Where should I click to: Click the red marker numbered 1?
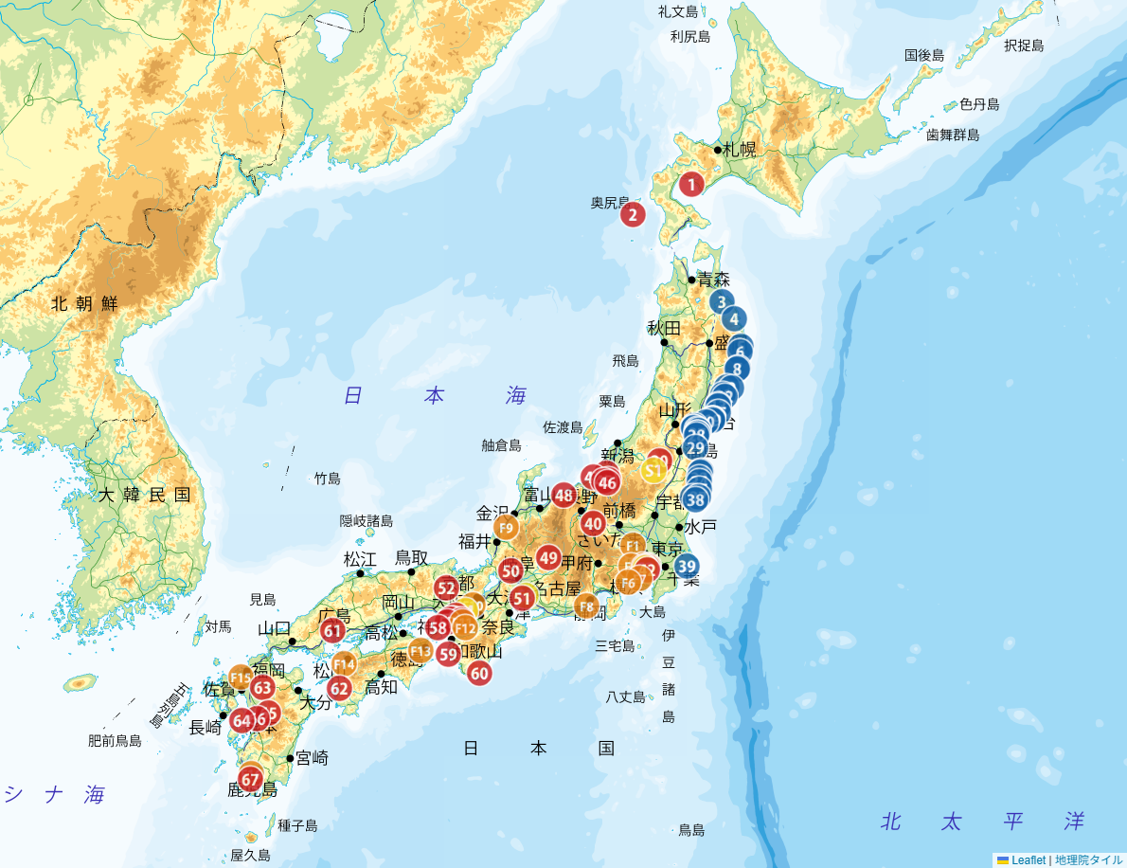pos(691,185)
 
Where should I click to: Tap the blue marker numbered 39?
pos(687,567)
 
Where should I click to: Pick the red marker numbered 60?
pos(479,673)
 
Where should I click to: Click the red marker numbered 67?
pos(250,780)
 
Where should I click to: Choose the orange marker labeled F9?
pos(506,528)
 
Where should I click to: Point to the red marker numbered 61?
pos(332,631)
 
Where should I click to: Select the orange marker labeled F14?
pos(344,664)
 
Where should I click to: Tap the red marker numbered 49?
pos(548,557)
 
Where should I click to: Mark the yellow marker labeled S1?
pos(653,468)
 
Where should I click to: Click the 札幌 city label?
pos(740,149)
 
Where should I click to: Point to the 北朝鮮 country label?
pos(84,303)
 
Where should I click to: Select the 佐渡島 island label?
pos(563,427)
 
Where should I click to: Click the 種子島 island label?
pos(297,825)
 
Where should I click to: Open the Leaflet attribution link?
pos(1029,860)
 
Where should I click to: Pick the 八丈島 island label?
pos(625,696)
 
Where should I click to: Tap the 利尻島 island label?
pos(689,36)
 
